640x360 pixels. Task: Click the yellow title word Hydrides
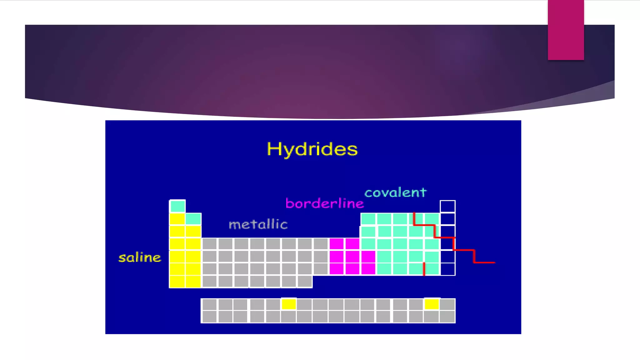[x=312, y=149]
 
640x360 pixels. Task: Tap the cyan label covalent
[x=395, y=192]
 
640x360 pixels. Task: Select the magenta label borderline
[x=325, y=204]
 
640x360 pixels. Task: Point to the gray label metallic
[x=258, y=224]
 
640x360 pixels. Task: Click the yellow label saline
[x=140, y=258]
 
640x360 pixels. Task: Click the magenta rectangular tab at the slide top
[x=566, y=30]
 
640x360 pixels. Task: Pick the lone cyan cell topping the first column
[x=177, y=206]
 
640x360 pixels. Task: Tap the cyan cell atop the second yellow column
[x=193, y=219]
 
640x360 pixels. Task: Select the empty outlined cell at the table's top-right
[x=447, y=206]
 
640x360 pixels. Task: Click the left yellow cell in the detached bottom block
[x=289, y=304]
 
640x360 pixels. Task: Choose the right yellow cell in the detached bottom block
[x=432, y=304]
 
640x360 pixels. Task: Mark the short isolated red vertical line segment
[x=424, y=269]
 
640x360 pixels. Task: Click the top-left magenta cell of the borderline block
[x=337, y=244]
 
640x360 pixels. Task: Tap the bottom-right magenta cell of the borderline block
[x=368, y=269]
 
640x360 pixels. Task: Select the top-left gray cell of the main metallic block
[x=209, y=244]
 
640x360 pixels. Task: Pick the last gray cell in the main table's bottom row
[x=305, y=281]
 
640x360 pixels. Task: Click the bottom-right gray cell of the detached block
[x=447, y=317]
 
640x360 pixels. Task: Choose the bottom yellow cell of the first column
[x=177, y=281]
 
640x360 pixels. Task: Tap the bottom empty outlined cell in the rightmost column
[x=447, y=269]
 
